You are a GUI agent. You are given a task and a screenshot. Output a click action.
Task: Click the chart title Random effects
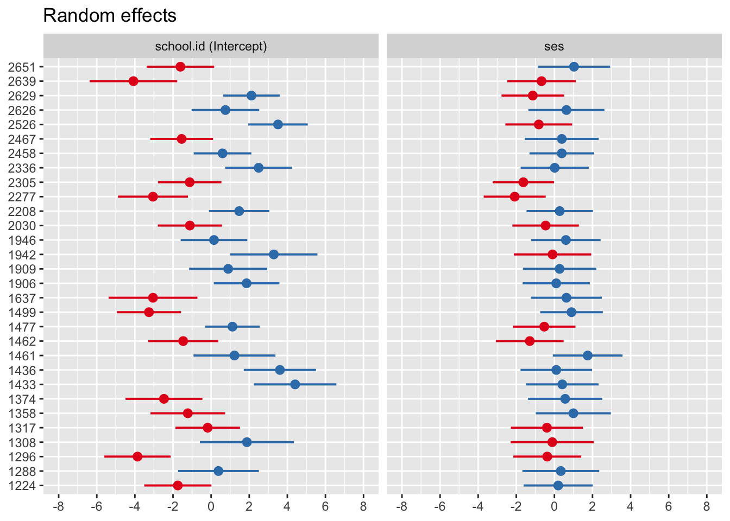[110, 16]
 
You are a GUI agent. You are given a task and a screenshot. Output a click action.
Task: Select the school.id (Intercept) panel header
[211, 46]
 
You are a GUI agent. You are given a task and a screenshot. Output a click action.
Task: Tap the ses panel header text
[554, 46]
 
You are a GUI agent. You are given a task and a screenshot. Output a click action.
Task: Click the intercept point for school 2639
[133, 81]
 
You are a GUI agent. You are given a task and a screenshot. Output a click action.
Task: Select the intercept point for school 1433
[295, 385]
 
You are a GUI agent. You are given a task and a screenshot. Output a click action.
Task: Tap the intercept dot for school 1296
[137, 457]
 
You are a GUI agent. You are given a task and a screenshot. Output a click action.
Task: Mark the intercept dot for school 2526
[278, 125]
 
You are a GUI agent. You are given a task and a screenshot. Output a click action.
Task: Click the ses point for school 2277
[514, 196]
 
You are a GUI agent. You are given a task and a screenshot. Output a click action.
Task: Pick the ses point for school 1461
[587, 355]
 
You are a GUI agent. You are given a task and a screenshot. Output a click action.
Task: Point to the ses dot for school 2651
[574, 67]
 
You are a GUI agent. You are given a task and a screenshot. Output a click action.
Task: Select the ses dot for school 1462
[530, 341]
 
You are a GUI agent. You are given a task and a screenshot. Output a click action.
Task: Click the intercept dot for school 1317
[207, 428]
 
